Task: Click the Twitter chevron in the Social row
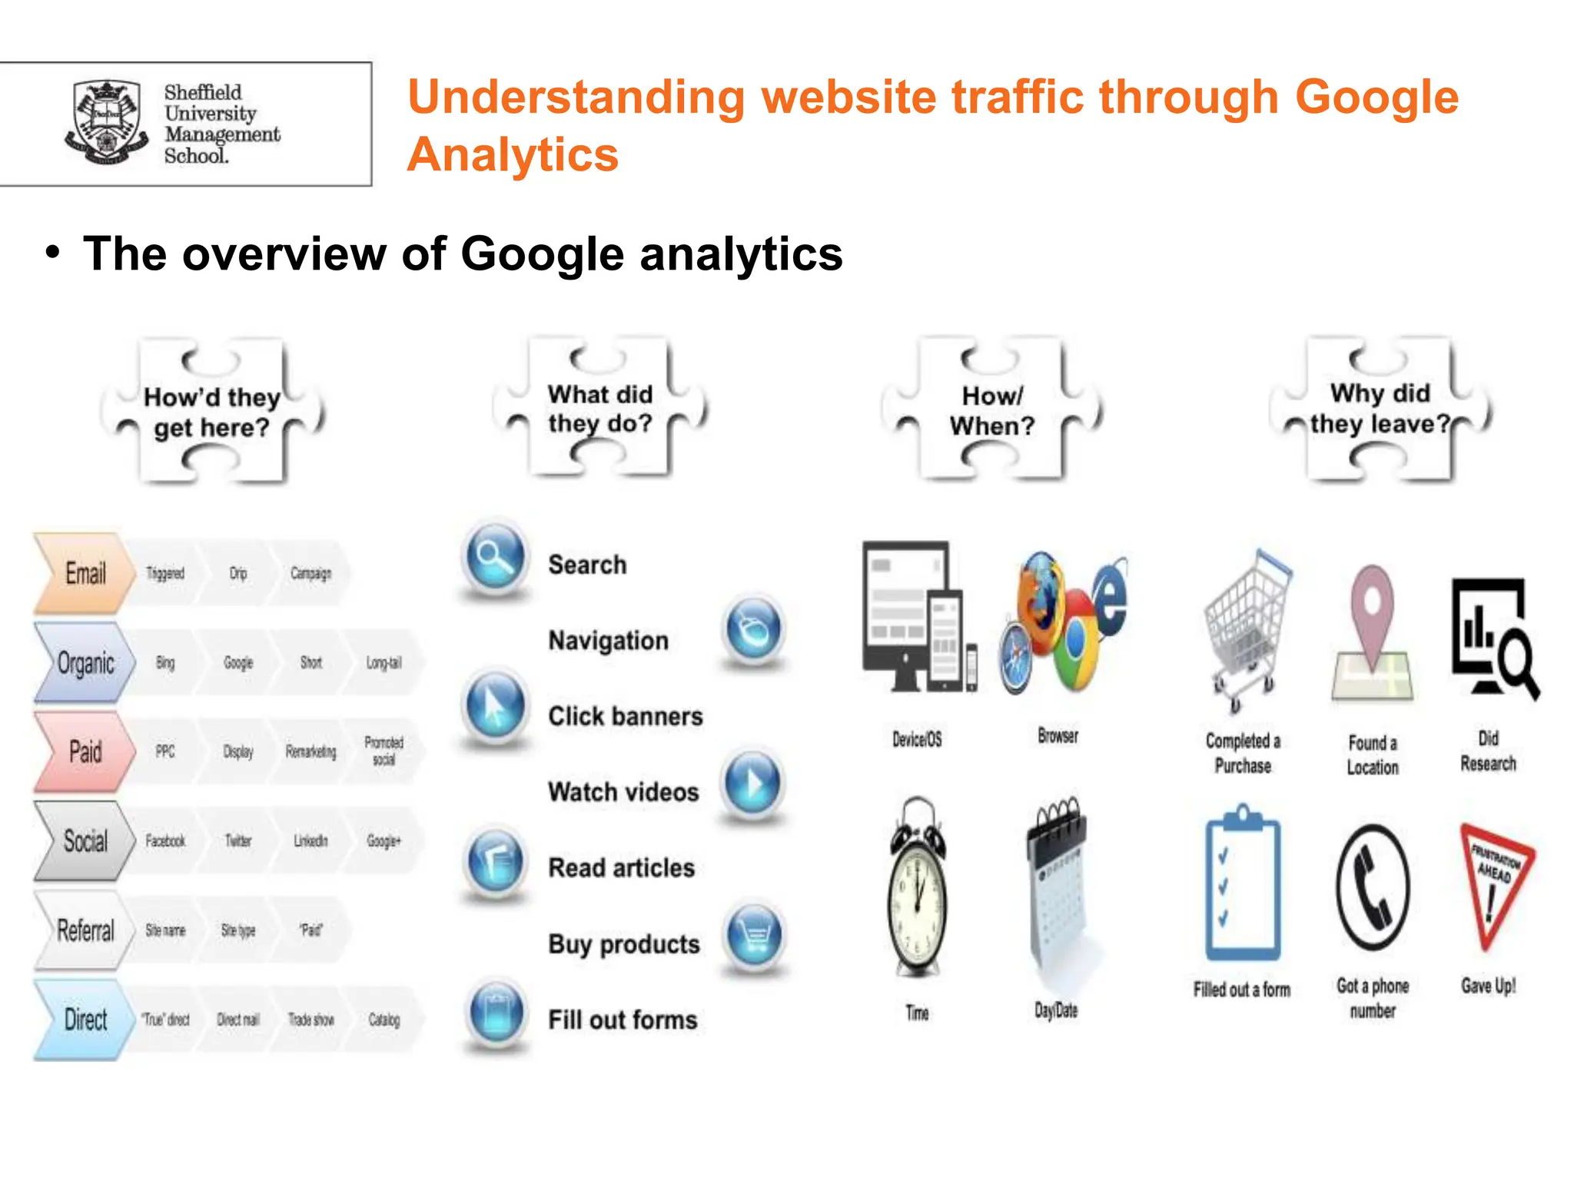[x=237, y=840]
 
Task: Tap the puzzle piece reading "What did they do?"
[x=600, y=409]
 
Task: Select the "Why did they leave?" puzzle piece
[x=1380, y=409]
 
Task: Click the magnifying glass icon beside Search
[x=496, y=558]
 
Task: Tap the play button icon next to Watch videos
[x=754, y=784]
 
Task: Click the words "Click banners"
[x=625, y=716]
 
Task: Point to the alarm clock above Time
[x=917, y=888]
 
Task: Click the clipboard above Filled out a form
[x=1242, y=883]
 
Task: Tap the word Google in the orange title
[x=1376, y=97]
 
